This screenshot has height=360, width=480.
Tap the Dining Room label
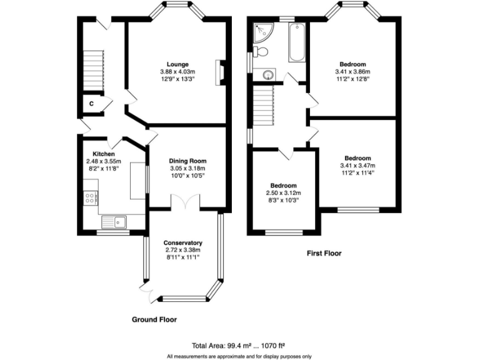(187, 161)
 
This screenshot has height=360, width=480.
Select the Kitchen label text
(103, 154)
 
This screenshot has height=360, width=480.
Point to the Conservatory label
(182, 242)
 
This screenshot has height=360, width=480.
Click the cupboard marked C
(91, 103)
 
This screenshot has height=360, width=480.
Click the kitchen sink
(113, 221)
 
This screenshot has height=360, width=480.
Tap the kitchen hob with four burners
(90, 198)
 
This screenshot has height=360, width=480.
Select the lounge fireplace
(218, 72)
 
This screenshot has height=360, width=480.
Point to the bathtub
(297, 42)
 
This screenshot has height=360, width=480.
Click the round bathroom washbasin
(267, 76)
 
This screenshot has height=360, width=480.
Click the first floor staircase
(264, 106)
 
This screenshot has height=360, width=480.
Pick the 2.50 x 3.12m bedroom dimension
(284, 194)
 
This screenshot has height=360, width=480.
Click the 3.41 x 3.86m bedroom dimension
(353, 72)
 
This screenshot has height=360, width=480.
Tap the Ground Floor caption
(154, 319)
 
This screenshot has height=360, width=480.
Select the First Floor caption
(324, 254)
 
